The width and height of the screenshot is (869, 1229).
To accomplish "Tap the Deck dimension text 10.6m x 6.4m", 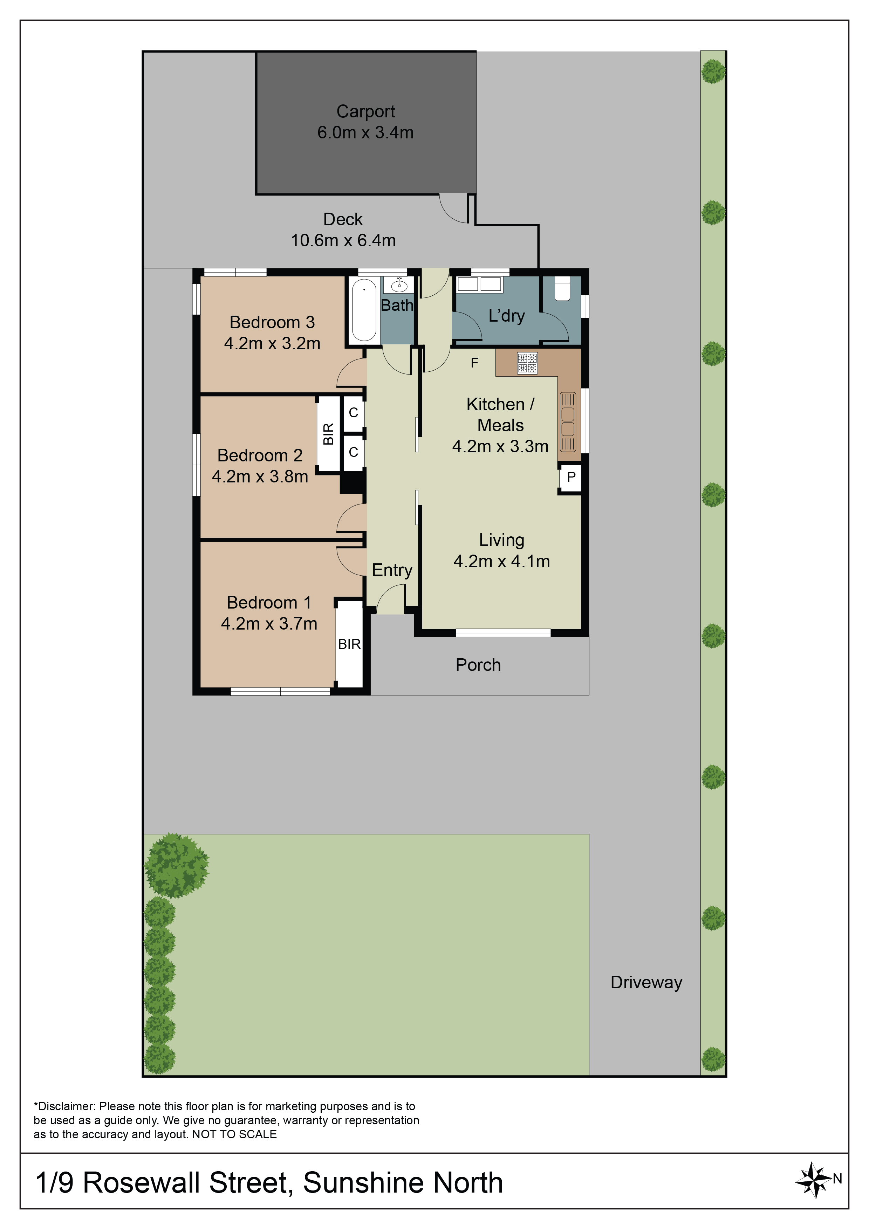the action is [x=343, y=240].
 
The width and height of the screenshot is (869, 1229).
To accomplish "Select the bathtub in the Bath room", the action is [x=364, y=310].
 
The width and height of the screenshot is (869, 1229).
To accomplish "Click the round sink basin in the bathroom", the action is [x=399, y=285].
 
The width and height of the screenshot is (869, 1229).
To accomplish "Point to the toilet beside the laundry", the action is [x=562, y=288].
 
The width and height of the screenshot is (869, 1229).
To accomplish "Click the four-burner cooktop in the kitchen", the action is [x=527, y=363].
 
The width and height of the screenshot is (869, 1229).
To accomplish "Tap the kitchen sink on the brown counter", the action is [x=568, y=422].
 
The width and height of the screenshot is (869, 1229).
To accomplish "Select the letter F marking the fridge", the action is [x=474, y=363].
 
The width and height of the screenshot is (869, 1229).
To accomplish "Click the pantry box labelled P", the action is [x=571, y=476].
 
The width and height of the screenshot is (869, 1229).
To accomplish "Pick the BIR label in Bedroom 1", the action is [x=350, y=644].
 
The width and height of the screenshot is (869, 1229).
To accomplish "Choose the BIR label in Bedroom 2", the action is [x=328, y=434].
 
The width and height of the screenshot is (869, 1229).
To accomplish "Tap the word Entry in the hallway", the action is [x=392, y=570].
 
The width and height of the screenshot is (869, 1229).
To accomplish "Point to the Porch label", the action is [x=478, y=665].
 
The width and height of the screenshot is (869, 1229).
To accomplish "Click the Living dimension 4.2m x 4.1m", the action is [x=502, y=561].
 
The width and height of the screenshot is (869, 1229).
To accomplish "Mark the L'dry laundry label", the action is [x=507, y=315].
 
